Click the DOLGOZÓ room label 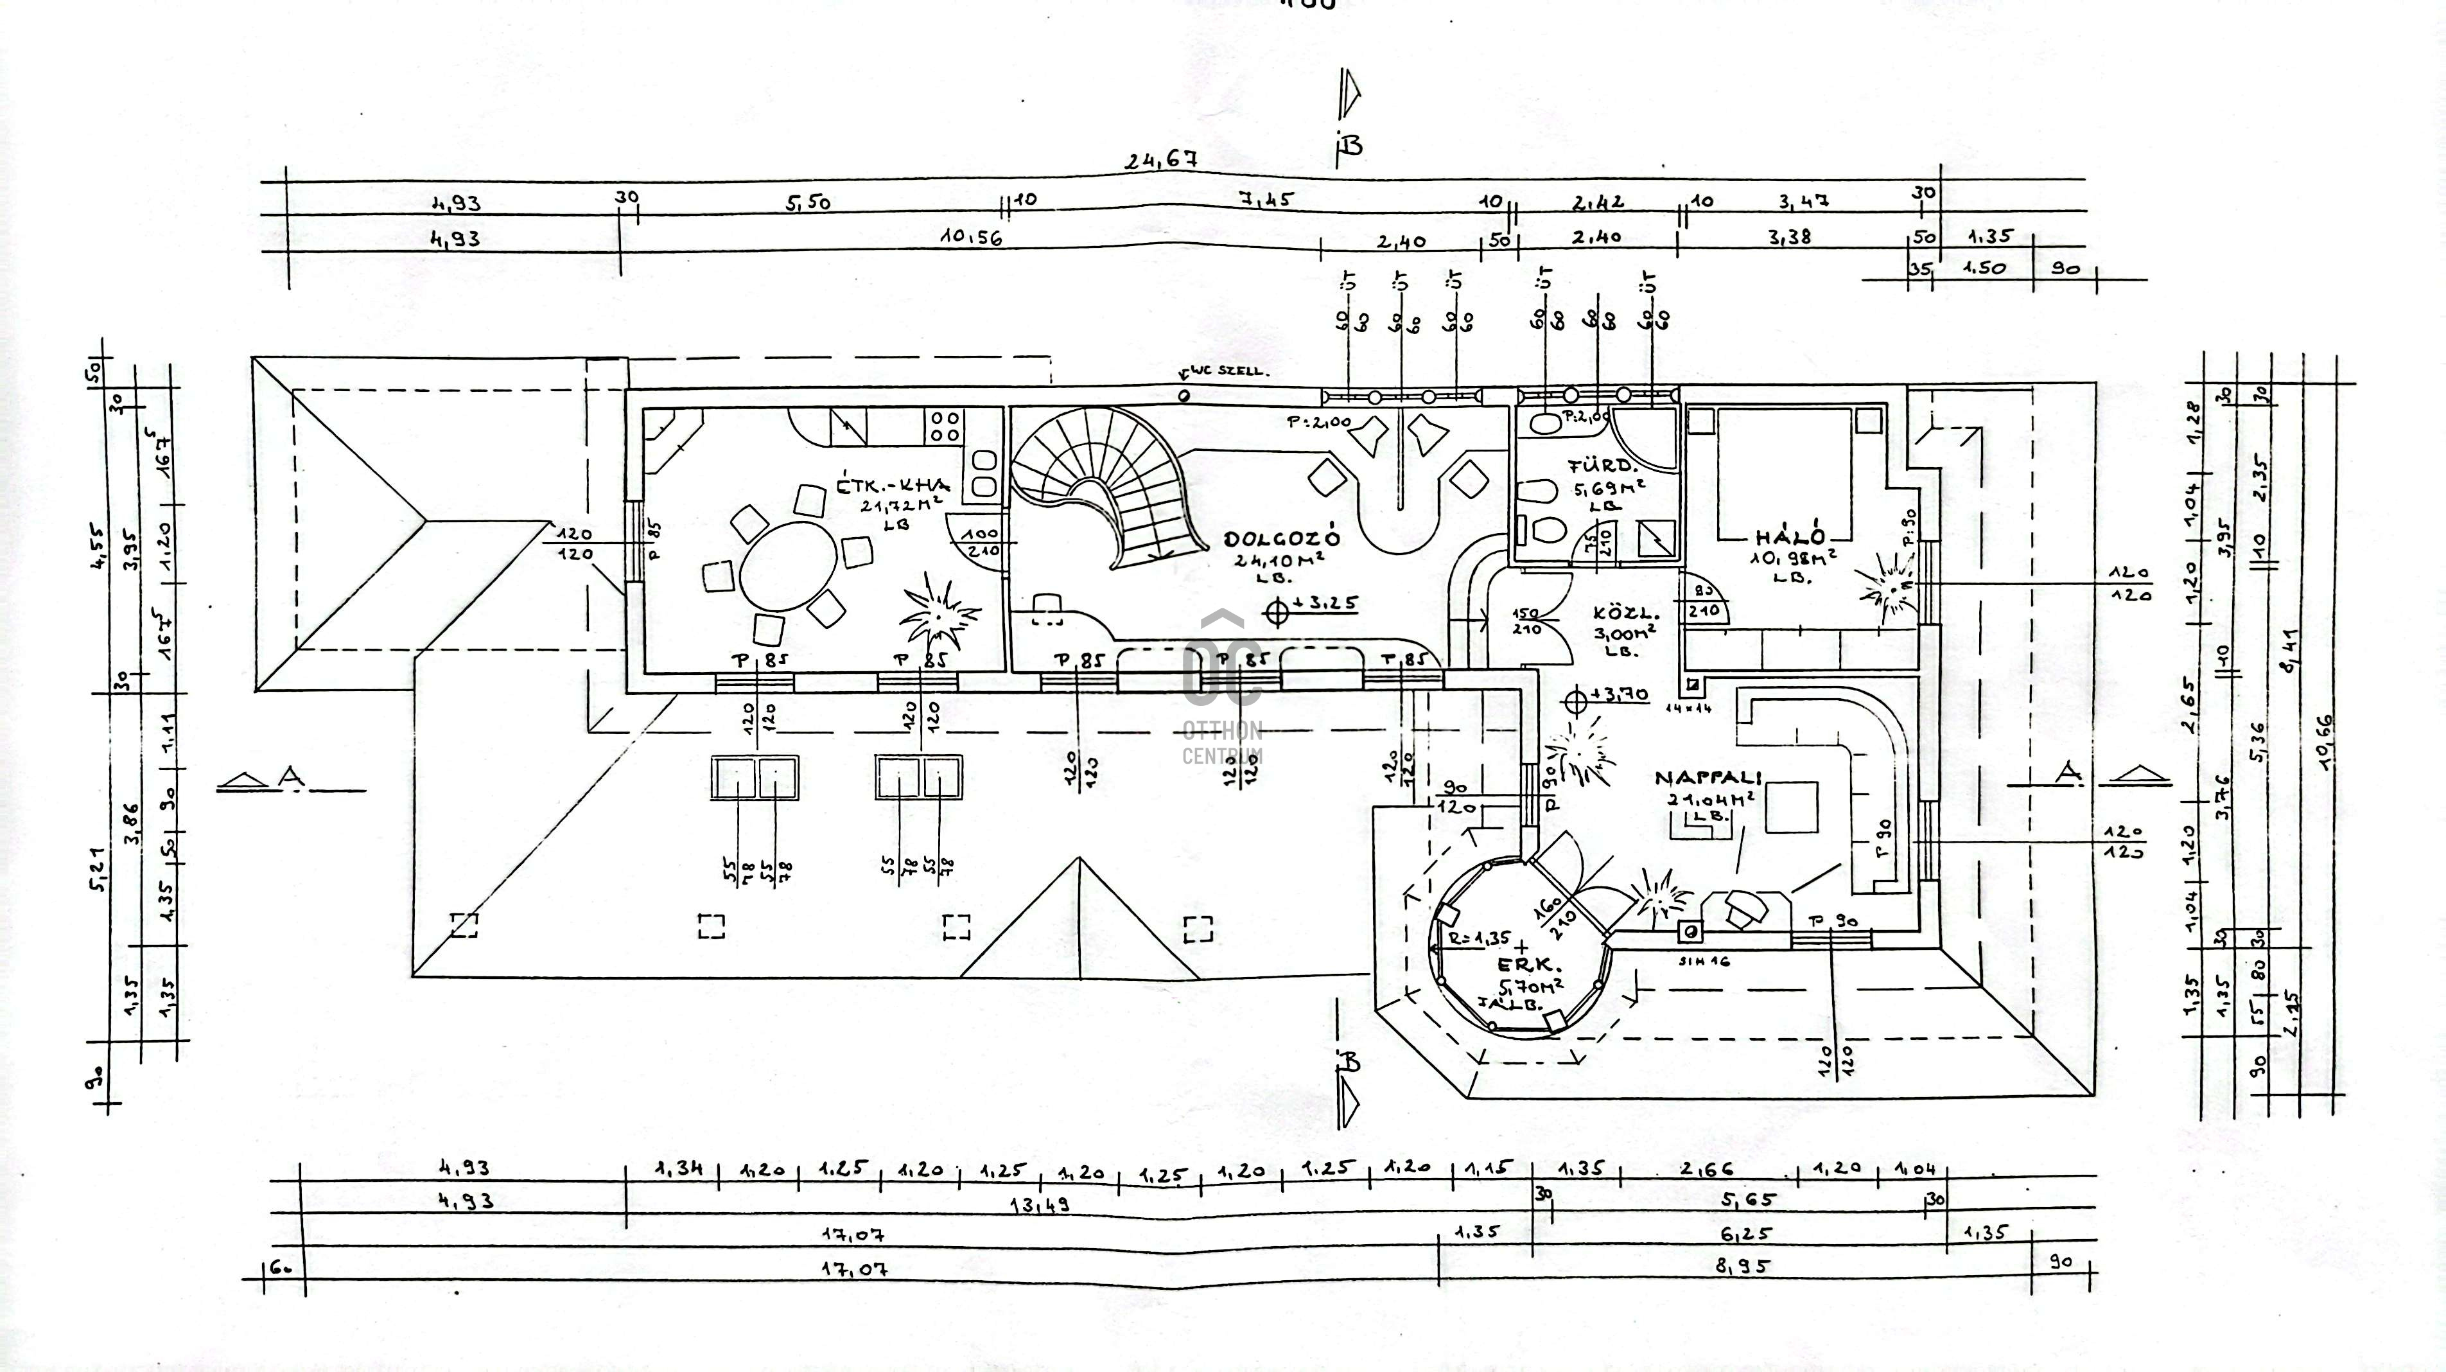(1282, 538)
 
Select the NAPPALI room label (1708, 778)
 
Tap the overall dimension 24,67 (1160, 161)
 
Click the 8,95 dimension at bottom (1742, 1265)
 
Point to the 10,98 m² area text (1792, 558)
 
